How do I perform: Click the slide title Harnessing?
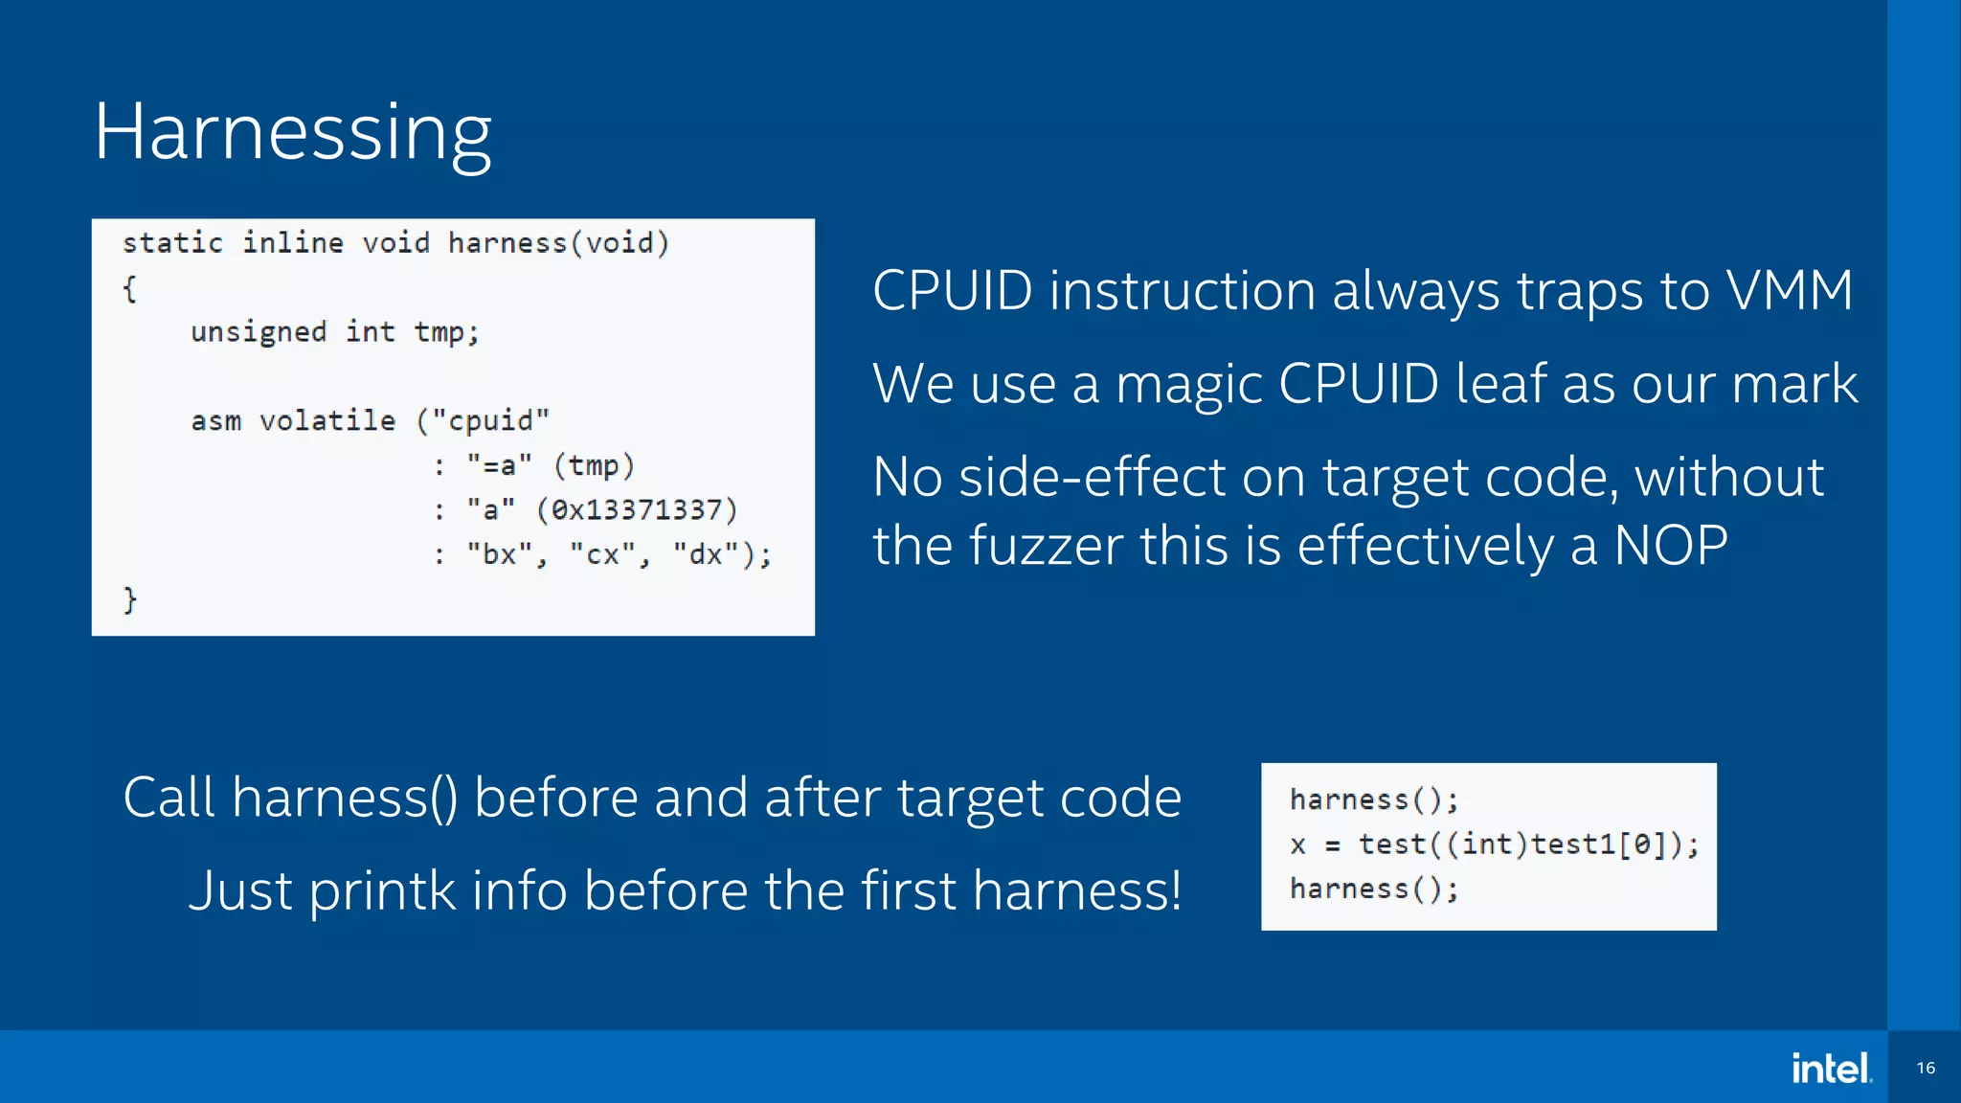click(292, 132)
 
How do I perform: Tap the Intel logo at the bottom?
click(1831, 1068)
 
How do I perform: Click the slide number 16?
click(1926, 1068)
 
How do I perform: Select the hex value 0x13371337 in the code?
click(637, 509)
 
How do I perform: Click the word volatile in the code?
click(327, 420)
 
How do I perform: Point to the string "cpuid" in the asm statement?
click(490, 420)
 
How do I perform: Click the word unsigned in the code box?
click(259, 332)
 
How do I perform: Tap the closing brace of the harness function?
click(130, 599)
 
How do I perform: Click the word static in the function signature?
click(172, 243)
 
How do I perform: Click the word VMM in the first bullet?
click(1789, 290)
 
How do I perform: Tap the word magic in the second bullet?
click(1187, 384)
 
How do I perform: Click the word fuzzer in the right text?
click(1045, 546)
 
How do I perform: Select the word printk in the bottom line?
click(382, 890)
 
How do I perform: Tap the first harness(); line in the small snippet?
click(1373, 799)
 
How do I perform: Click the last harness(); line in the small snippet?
click(1373, 889)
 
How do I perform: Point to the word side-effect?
click(1092, 477)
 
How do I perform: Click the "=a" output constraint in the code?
click(499, 465)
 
